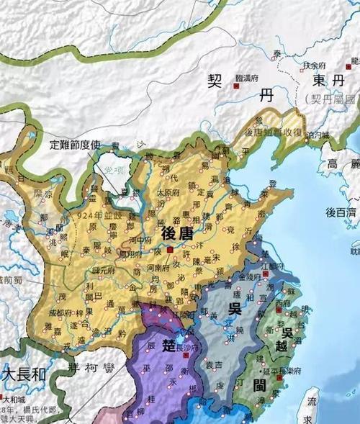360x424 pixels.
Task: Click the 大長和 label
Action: pos(24,374)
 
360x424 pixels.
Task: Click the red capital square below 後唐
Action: pos(168,250)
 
